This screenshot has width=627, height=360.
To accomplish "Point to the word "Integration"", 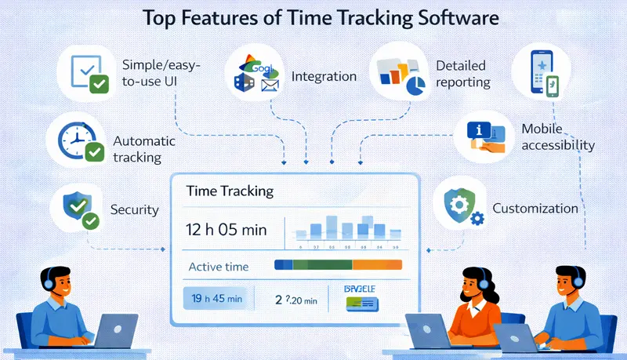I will click(324, 77).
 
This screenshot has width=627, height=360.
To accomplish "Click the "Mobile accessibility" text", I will click(557, 136).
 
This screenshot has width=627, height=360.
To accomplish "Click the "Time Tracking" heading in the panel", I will click(230, 191).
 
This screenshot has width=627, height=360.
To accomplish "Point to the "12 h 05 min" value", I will click(227, 230).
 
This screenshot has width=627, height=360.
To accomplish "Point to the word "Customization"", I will click(535, 209).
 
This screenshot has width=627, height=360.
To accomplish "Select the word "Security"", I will click(136, 209).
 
